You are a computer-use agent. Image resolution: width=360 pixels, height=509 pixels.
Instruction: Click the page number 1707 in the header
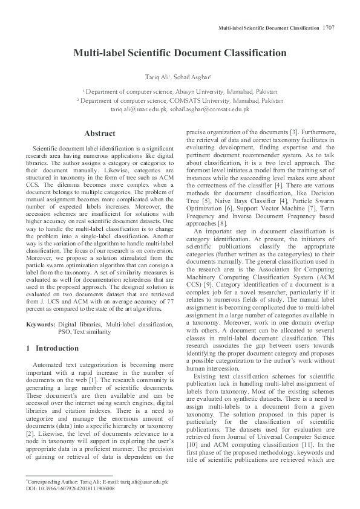tap(329, 28)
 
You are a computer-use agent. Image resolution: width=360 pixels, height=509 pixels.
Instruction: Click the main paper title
tap(180, 53)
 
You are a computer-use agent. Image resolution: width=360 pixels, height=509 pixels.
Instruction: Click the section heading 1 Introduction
tap(53, 349)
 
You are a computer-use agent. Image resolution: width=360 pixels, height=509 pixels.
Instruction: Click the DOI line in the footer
tap(70, 488)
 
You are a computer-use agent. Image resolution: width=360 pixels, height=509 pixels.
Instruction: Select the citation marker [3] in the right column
tap(293, 132)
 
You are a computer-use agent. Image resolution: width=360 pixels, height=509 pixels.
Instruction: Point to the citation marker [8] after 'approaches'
tap(223, 224)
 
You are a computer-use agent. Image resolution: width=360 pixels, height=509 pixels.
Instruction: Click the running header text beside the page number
tap(269, 28)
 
